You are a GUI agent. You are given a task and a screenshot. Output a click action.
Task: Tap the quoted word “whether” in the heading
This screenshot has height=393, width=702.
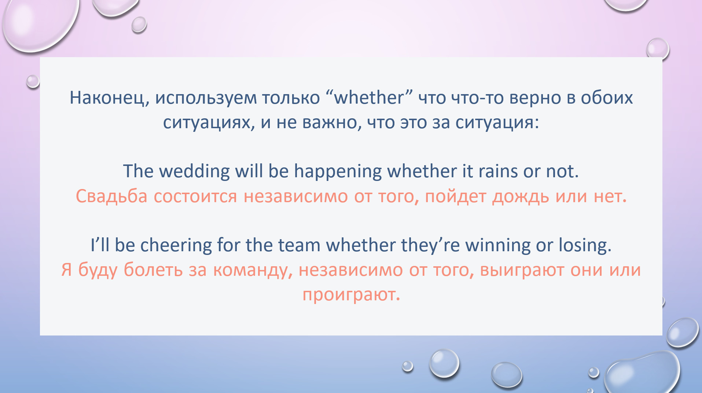tap(369, 97)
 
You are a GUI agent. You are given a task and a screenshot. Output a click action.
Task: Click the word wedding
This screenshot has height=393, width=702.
tap(194, 171)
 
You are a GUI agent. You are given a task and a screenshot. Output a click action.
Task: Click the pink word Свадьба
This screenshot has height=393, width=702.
tap(111, 196)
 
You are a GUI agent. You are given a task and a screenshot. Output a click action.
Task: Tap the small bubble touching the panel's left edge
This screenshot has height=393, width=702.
tap(33, 81)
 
